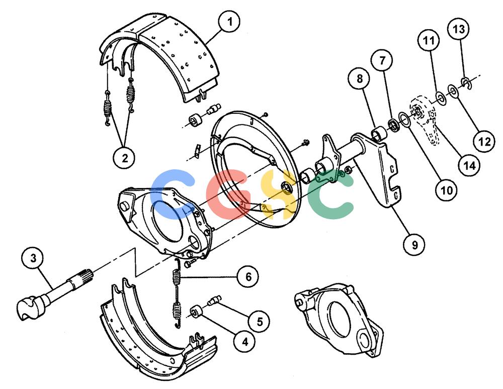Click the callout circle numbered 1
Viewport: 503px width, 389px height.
coord(230,21)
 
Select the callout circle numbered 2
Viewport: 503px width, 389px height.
coord(124,158)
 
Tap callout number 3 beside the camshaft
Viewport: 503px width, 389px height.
coord(33,258)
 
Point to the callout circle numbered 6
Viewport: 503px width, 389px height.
coord(248,276)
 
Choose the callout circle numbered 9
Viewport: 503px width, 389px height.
coord(414,245)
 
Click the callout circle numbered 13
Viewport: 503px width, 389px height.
coord(459,29)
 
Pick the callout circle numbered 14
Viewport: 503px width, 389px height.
coord(470,165)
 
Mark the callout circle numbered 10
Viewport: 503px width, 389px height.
coord(446,190)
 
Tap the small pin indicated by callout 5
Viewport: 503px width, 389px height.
coord(214,300)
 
